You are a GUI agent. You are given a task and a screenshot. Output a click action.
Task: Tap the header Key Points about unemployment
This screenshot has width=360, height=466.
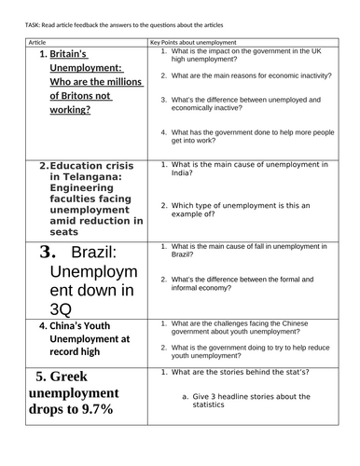tap(193, 43)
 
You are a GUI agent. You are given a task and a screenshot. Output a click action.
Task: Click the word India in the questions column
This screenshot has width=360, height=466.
tap(184, 173)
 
